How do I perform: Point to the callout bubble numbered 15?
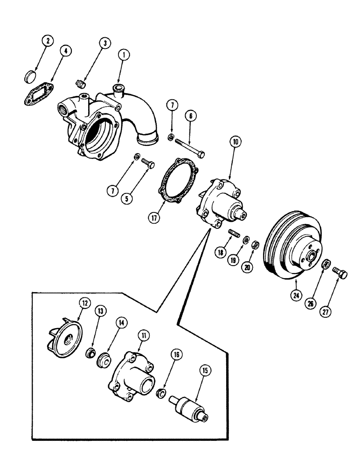click(x=206, y=371)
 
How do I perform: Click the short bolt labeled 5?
click(x=148, y=163)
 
